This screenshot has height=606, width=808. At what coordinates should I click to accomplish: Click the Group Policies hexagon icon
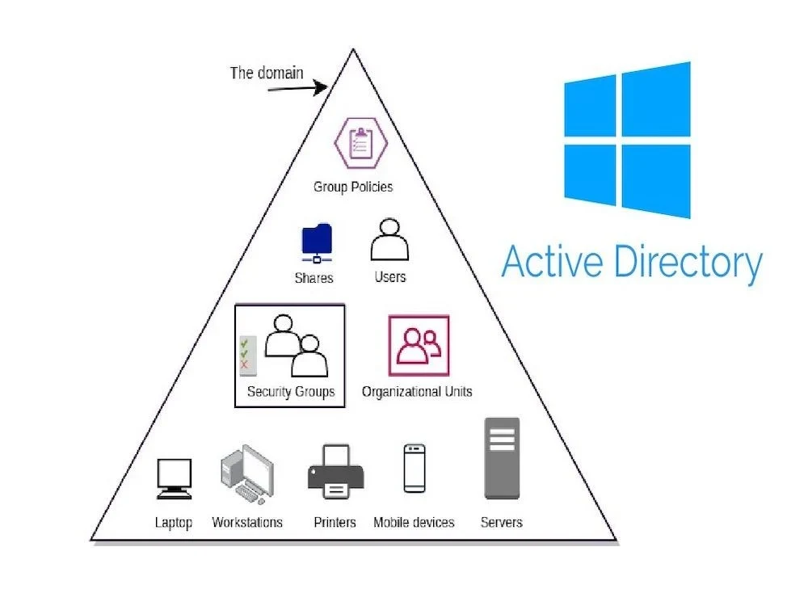click(x=361, y=144)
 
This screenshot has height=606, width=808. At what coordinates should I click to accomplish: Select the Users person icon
click(x=389, y=239)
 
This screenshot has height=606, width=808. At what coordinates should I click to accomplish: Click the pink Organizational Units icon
click(x=419, y=345)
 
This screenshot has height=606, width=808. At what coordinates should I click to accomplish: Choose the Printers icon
click(x=335, y=473)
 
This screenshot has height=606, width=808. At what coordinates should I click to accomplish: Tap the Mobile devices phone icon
click(x=414, y=469)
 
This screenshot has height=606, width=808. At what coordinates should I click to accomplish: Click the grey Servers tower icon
click(x=501, y=458)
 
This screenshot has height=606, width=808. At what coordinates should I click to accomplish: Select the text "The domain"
click(x=267, y=73)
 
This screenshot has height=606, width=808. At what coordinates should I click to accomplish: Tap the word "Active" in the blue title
click(x=552, y=263)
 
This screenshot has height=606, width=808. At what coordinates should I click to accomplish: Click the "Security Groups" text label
click(x=291, y=392)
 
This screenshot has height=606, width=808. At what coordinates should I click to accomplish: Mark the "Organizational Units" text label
click(x=417, y=392)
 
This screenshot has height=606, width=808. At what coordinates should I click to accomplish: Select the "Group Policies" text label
click(x=353, y=187)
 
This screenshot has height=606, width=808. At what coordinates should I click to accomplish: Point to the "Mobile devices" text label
click(x=414, y=522)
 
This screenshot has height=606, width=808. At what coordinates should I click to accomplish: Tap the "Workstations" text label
click(x=247, y=522)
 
